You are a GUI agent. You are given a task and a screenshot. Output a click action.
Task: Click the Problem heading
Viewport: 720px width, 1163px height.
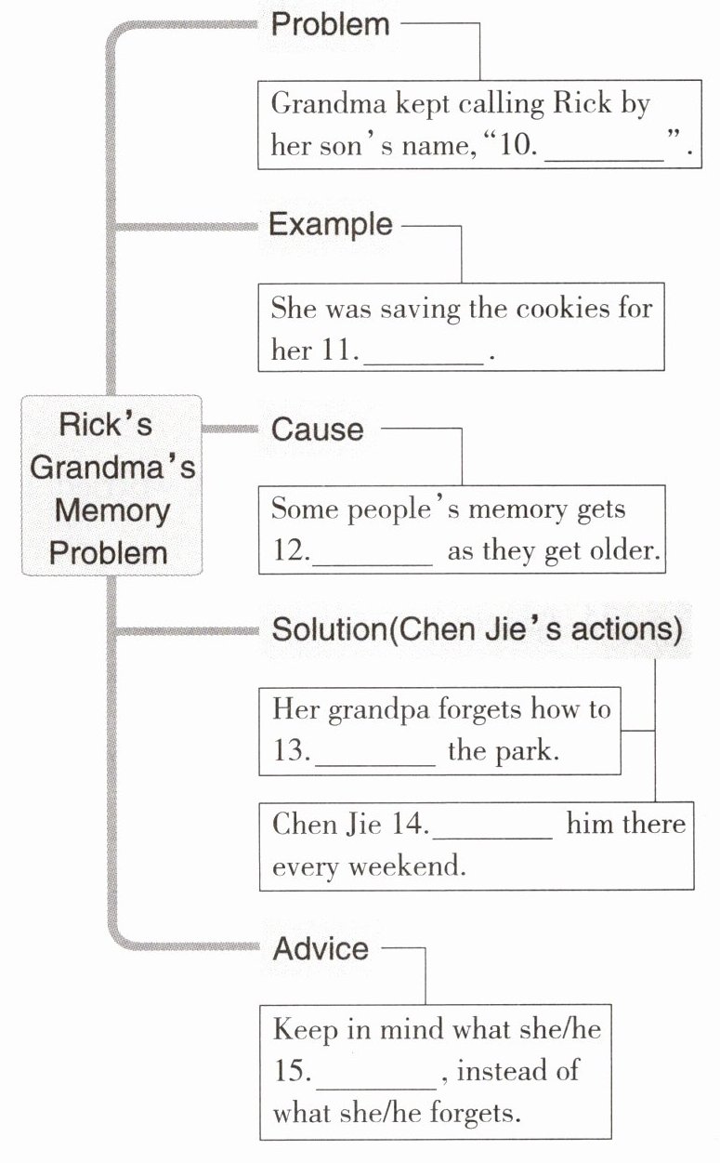click(331, 24)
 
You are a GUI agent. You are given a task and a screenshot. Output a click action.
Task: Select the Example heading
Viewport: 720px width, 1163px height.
click(331, 225)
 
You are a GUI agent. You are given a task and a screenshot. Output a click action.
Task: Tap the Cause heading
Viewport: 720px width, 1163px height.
click(318, 430)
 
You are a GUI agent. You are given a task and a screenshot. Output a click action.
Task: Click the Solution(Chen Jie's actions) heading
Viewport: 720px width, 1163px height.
click(478, 629)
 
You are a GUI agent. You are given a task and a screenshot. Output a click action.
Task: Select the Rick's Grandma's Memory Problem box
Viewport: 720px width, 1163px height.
click(111, 485)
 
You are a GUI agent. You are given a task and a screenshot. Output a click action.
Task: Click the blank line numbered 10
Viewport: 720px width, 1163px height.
click(604, 162)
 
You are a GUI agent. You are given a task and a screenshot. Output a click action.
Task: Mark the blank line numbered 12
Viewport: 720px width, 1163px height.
click(373, 564)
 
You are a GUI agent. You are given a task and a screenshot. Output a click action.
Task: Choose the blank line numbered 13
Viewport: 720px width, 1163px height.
click(375, 765)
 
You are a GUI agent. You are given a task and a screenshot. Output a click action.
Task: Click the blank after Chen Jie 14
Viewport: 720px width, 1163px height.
click(492, 838)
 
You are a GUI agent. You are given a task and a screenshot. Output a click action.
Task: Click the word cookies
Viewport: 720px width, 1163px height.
click(563, 309)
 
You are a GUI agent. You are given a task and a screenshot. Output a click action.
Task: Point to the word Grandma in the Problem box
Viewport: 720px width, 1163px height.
click(329, 103)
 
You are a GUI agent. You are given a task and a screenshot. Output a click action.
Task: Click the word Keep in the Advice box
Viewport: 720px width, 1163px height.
click(306, 1028)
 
